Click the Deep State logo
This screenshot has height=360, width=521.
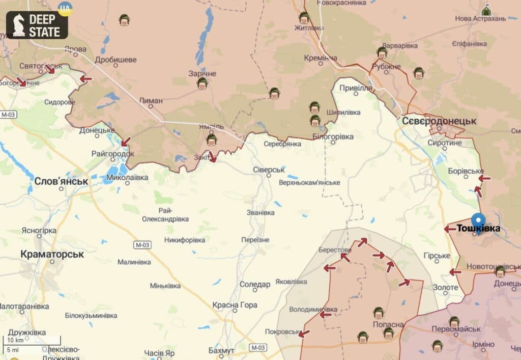(37, 25)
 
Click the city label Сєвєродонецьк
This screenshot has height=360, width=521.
(439, 121)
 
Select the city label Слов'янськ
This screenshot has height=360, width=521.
(61, 181)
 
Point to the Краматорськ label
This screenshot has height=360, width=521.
(52, 254)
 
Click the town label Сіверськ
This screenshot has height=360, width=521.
(269, 170)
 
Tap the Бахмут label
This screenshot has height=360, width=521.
(221, 350)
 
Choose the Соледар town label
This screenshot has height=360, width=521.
(254, 284)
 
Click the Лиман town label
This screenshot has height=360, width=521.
(151, 101)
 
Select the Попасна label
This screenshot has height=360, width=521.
(388, 324)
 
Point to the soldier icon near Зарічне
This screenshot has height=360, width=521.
(202, 82)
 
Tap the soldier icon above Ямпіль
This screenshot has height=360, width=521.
(212, 139)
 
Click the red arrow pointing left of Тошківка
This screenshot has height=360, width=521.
(450, 229)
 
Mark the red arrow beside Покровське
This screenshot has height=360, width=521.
(304, 334)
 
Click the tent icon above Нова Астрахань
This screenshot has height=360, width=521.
(486, 10)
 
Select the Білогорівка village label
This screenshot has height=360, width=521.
(333, 136)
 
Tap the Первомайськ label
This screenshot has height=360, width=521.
(456, 329)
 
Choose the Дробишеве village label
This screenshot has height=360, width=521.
(115, 60)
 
